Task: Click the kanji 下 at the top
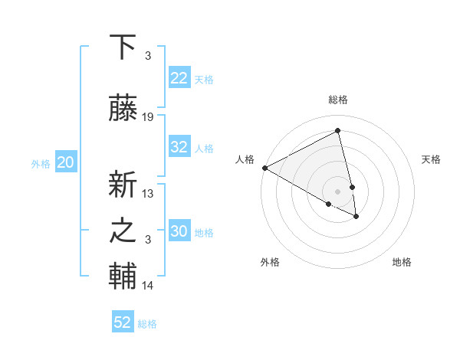click(123, 47)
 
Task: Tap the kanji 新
click(123, 183)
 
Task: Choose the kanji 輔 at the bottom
click(123, 277)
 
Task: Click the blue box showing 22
click(179, 79)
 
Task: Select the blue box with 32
click(179, 148)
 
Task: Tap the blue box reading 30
click(179, 232)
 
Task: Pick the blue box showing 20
click(66, 162)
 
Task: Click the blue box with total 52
click(123, 322)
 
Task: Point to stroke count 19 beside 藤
click(148, 117)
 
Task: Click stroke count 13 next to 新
click(148, 193)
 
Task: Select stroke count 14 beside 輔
click(148, 286)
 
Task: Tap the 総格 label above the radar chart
click(338, 100)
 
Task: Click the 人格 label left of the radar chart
click(245, 159)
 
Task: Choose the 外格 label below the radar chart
click(270, 263)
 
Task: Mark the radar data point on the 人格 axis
click(264, 168)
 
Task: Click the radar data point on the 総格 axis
click(338, 131)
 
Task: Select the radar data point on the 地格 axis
click(356, 217)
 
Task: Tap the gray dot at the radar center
click(338, 191)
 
